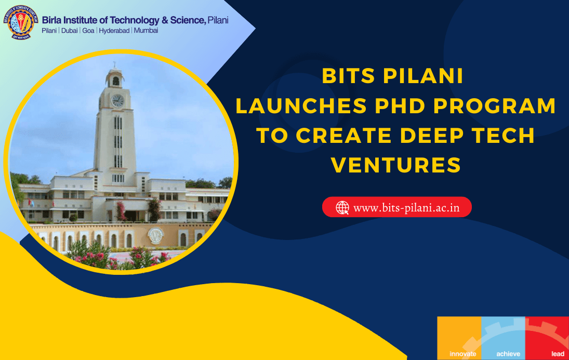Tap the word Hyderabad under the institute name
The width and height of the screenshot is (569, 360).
(114, 31)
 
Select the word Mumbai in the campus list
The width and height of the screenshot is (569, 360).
(146, 31)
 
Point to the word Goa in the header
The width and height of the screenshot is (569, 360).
(88, 31)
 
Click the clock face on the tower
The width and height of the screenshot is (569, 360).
(117, 100)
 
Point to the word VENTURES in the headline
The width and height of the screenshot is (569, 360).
(396, 165)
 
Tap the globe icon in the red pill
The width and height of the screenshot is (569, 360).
(342, 208)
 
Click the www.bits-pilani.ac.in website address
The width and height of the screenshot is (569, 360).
(406, 208)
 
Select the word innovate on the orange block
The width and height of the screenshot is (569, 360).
(462, 354)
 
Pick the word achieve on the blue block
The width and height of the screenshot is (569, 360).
(508, 354)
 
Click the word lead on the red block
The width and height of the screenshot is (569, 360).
(558, 354)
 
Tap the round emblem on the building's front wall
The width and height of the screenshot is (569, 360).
(155, 236)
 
